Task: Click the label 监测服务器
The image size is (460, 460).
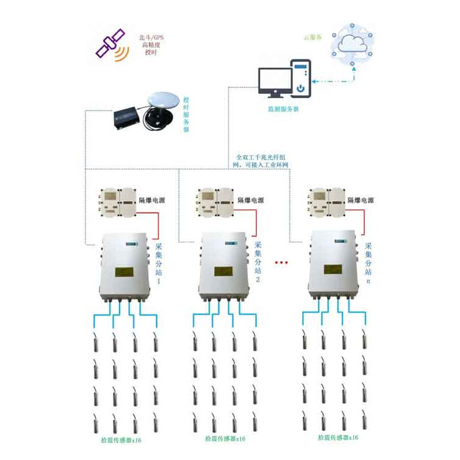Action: (x=283, y=109)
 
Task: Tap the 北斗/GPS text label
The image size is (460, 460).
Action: (x=153, y=37)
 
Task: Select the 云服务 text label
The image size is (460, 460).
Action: (x=313, y=37)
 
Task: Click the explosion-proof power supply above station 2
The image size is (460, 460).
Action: (x=215, y=202)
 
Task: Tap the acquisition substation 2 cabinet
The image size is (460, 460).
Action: (x=224, y=267)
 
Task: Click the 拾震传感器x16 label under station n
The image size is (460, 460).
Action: (x=338, y=437)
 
